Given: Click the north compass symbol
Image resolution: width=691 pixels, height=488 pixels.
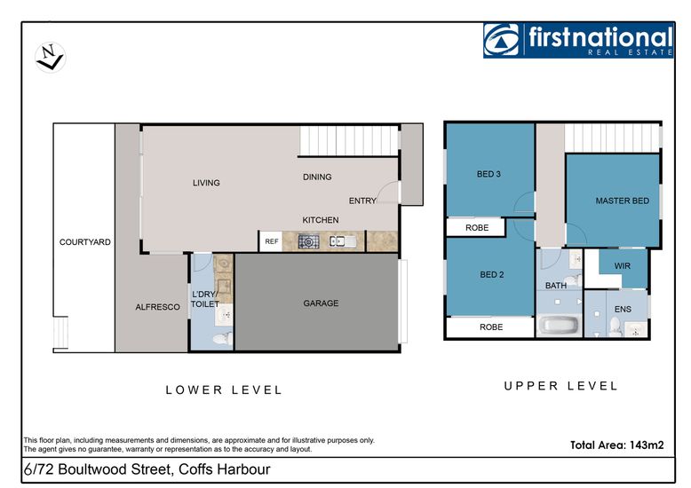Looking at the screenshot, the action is tap(51, 58).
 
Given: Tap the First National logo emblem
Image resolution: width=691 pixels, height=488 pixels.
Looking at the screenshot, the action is tap(502, 40).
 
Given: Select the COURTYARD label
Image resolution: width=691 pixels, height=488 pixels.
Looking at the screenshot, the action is tap(85, 242).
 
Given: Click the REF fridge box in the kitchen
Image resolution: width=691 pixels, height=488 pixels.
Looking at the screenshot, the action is tap(271, 241).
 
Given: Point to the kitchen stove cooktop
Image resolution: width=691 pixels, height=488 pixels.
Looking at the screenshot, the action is tap(308, 241).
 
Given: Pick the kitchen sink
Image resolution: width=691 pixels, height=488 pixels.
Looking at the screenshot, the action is tap(343, 241).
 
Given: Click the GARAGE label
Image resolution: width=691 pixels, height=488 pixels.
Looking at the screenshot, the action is tap(321, 303).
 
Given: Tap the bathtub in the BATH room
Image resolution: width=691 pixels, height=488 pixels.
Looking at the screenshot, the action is tap(559, 326).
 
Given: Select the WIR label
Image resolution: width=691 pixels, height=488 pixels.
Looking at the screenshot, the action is tap(623, 266).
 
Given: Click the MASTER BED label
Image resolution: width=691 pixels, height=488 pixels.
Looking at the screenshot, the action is tap(623, 201).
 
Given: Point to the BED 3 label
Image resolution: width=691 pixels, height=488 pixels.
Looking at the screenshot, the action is tap(488, 174).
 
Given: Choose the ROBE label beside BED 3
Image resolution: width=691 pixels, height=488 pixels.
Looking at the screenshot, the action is tap(477, 228).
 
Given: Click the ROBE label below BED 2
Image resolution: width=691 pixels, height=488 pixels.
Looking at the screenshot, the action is tap(491, 327).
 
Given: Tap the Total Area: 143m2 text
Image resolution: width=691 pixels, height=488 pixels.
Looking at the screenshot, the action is tap(617, 445).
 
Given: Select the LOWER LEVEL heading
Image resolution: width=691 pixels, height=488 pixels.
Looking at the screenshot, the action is tap(224, 390).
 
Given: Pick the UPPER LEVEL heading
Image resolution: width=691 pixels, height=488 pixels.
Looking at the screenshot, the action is tap(561, 386).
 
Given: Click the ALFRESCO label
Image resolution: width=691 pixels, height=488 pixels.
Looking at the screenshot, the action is tap(157, 307).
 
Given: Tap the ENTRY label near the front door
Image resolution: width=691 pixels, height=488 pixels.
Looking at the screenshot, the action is tap(362, 201).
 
